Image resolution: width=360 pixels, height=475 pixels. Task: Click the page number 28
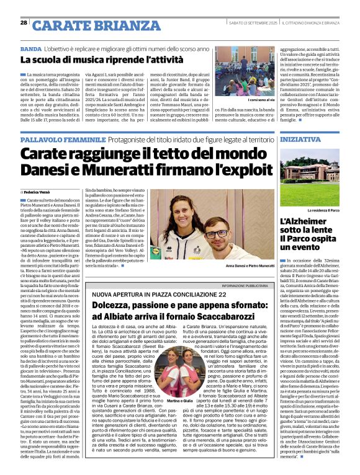tap(24, 23)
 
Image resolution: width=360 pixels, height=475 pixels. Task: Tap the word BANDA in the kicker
tap(31, 48)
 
